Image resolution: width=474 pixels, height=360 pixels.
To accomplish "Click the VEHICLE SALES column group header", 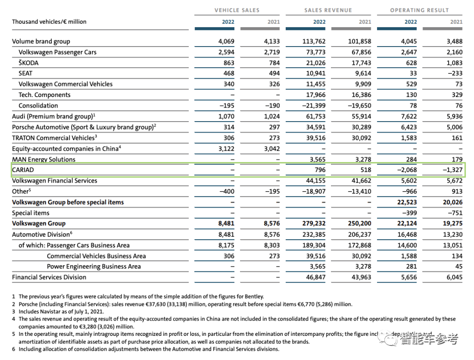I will coord(237,10).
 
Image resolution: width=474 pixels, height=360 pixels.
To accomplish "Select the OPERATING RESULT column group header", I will coord(419,10).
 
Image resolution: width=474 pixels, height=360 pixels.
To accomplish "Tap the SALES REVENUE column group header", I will coord(328,10).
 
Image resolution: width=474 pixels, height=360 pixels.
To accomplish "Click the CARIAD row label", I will coord(23,170).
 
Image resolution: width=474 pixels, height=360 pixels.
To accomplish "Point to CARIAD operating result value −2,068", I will coord(406,170).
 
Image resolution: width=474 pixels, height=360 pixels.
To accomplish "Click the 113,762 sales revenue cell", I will coord(314,42).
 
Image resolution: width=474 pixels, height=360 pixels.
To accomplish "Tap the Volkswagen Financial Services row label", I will coord(54,180).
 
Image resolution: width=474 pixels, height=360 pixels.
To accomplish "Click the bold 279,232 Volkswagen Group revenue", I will coord(314,223).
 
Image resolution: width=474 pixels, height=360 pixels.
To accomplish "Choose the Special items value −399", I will coord(409,213).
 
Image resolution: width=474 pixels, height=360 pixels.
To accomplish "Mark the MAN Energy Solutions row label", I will coord(43,159).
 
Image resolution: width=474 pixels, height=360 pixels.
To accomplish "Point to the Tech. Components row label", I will coord(44,95).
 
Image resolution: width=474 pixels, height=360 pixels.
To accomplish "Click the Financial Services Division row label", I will coord(49,277).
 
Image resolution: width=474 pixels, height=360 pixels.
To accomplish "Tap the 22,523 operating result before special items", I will coord(406,202).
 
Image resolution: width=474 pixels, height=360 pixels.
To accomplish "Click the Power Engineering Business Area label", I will coord(94,266).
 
